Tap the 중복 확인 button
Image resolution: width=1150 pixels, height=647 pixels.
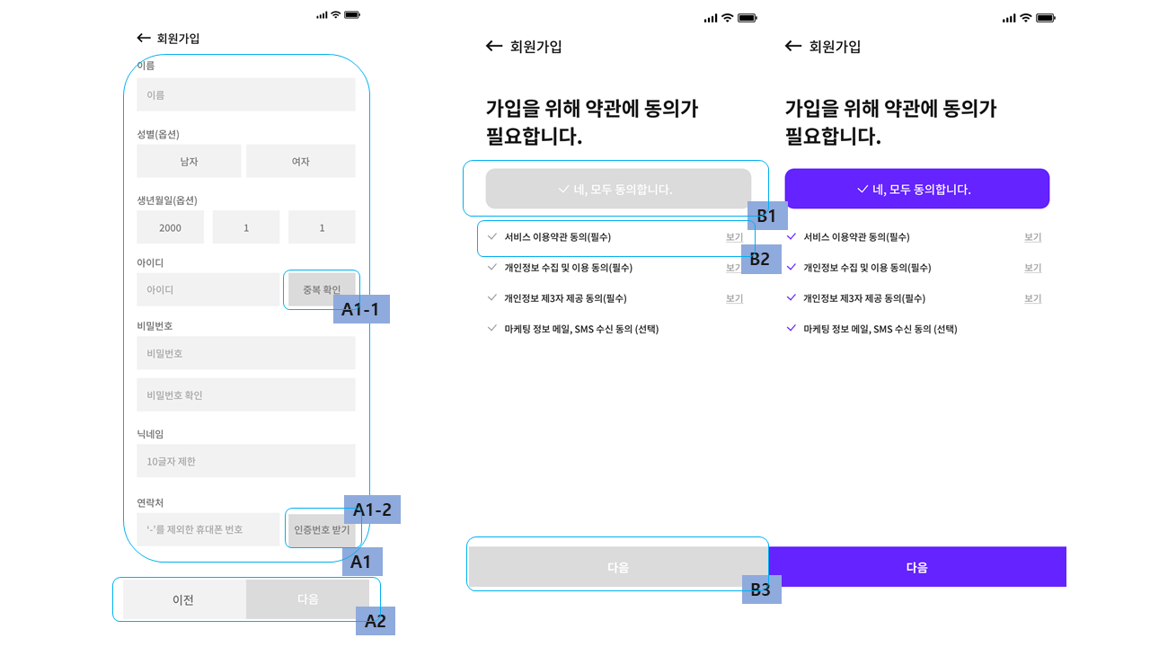coord(321,289)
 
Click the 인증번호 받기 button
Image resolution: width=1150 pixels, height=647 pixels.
coord(322,529)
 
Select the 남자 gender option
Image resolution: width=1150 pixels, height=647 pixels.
coord(189,162)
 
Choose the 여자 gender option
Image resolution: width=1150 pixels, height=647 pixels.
coord(300,162)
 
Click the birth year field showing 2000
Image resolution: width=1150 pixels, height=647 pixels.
coord(170,227)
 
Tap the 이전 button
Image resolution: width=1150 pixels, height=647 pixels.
coord(183,599)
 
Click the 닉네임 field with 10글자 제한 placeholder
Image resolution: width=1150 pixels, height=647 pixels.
coord(245,461)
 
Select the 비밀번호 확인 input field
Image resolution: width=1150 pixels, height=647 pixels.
coord(245,394)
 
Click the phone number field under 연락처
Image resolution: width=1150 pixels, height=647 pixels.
coord(208,529)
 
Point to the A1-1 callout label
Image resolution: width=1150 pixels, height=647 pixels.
coord(361,309)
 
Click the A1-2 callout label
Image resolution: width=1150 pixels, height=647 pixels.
coord(372,510)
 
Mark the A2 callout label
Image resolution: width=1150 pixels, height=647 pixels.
coord(376,621)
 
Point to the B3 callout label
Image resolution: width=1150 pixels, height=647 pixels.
coord(761,589)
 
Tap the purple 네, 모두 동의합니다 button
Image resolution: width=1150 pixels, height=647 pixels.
coord(916,189)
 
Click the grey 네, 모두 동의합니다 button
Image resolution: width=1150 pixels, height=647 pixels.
coord(618,189)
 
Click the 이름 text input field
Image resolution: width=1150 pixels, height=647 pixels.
coord(245,94)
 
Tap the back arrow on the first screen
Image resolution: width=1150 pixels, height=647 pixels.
coord(144,38)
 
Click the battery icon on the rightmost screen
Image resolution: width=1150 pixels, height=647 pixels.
coord(1045,18)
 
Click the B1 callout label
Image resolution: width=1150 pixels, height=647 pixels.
coord(766,216)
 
